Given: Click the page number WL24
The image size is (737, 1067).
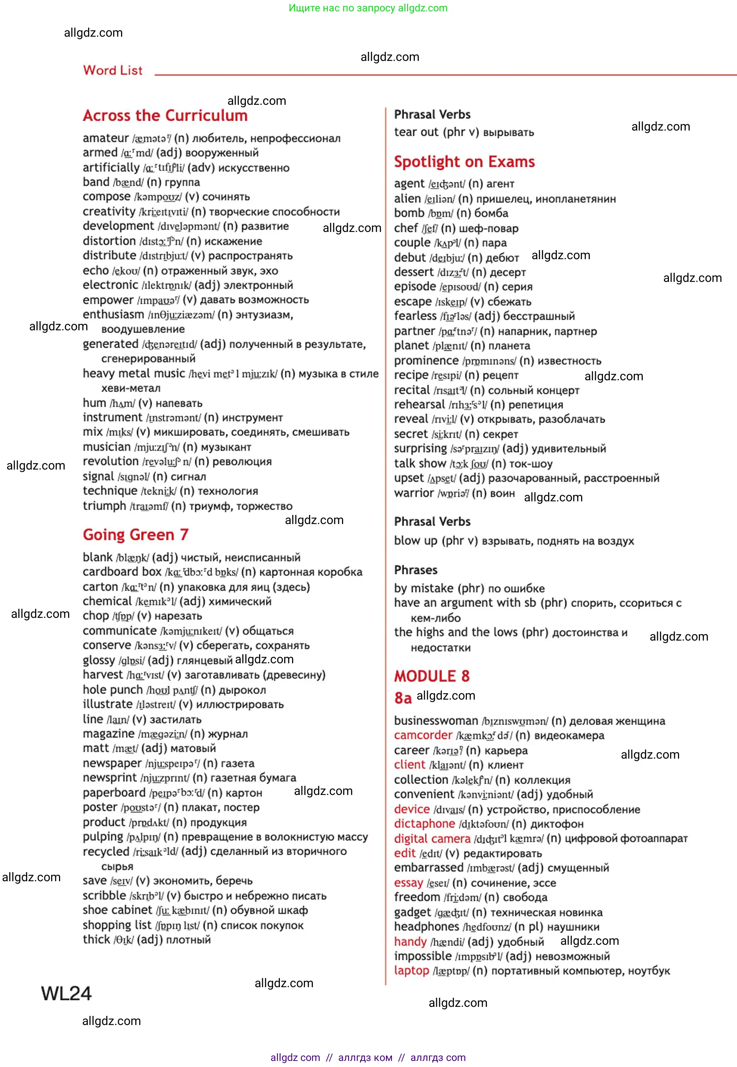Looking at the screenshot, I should click(66, 994).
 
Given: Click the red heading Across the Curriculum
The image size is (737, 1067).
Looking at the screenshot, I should click(165, 115).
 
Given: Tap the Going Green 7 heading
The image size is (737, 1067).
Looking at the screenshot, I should click(135, 535).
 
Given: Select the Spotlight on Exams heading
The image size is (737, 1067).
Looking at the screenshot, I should click(464, 162).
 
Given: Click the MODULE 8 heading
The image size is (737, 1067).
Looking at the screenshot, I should click(431, 677).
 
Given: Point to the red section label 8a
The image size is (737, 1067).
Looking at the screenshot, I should click(402, 698).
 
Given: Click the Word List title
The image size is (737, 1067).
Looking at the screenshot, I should click(113, 71).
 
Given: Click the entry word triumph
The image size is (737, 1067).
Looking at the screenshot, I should click(104, 506).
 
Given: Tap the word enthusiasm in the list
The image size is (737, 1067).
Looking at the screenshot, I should click(113, 314).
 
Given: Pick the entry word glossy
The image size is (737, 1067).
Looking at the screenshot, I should click(98, 660).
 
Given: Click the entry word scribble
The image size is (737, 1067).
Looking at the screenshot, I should click(104, 896).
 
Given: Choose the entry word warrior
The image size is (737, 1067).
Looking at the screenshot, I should click(414, 493).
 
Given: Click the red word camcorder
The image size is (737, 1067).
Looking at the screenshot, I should click(423, 736).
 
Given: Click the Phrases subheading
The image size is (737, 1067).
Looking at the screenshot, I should click(415, 570).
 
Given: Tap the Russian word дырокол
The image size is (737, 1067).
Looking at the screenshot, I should click(242, 690).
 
